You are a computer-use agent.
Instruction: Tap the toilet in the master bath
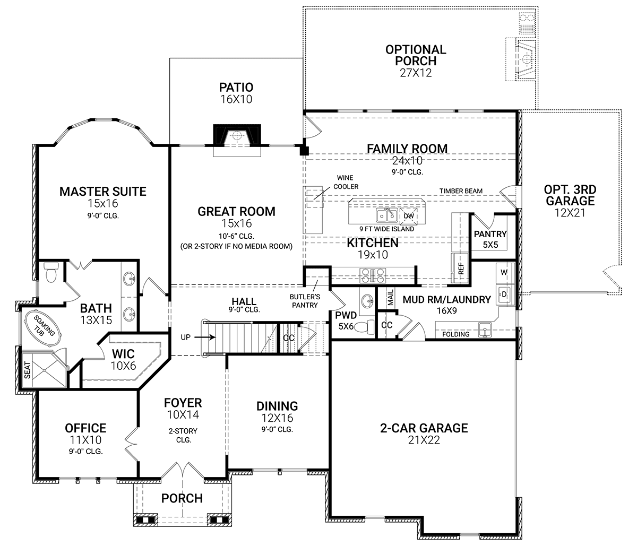tap(51, 273)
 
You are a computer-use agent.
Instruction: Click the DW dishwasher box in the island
tap(409, 215)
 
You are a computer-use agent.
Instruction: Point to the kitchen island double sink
tap(387, 215)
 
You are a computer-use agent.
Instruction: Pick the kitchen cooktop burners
tap(373, 276)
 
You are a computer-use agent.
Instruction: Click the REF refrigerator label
tap(461, 268)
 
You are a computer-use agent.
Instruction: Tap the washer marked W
tap(504, 273)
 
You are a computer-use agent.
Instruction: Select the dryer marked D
tap(504, 294)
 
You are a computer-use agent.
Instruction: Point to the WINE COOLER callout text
tap(346, 182)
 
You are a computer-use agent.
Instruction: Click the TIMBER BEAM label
tap(461, 191)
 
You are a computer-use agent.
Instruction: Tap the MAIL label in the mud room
tap(391, 297)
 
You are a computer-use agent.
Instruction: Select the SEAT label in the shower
tap(27, 370)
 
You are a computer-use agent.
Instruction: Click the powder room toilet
tap(365, 327)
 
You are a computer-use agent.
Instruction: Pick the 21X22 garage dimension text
tap(424, 440)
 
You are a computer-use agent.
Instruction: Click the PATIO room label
tap(236, 88)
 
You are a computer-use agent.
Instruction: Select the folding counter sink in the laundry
tap(485, 330)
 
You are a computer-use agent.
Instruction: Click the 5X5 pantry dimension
tap(490, 245)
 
